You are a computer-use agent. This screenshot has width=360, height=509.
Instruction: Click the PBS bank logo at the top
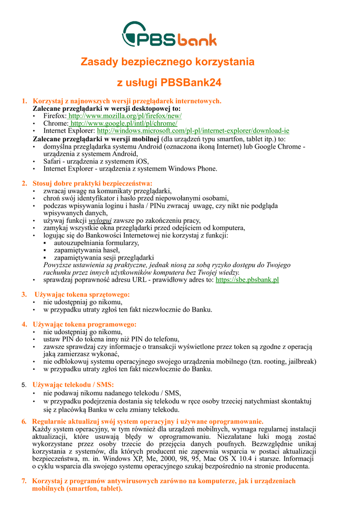[169, 34]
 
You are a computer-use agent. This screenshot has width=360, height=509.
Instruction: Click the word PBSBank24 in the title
[191, 82]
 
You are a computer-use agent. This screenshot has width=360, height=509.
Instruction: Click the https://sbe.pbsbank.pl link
[247, 280]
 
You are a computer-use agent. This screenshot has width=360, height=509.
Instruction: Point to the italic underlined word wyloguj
[100, 220]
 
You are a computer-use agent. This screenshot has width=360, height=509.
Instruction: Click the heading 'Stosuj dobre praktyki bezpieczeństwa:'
[92, 183]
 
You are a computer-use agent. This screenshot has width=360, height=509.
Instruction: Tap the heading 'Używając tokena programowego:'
[85, 325]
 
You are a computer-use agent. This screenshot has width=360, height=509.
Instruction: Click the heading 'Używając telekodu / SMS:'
[73, 385]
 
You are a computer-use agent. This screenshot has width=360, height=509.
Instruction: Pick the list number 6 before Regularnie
[24, 422]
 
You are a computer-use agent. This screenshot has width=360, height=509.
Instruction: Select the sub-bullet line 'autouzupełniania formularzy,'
[96, 243]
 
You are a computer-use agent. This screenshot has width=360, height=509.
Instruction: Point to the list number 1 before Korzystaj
[24, 101]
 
